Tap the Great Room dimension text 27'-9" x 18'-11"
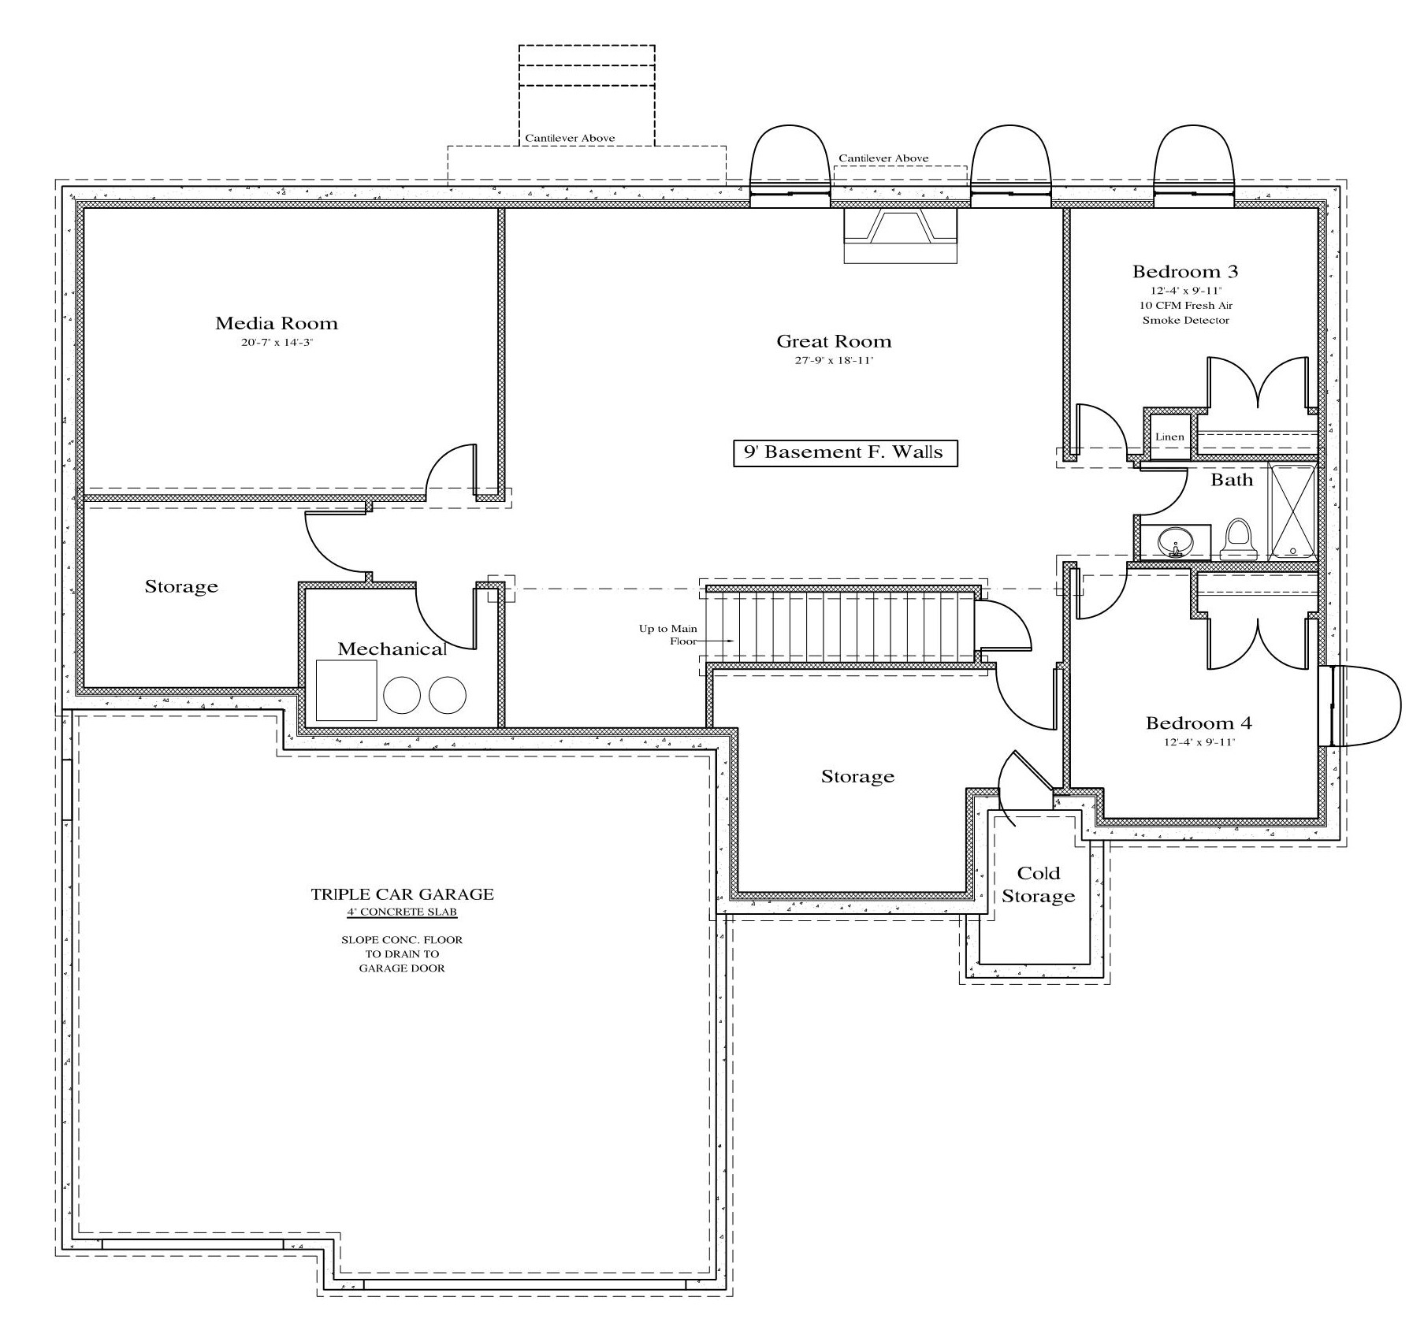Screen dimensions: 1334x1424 coord(834,361)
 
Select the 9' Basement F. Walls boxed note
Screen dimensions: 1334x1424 coord(845,453)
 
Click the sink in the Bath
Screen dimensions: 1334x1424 coord(1175,542)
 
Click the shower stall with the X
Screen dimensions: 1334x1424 coord(1292,511)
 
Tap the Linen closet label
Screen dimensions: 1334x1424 coord(1169,437)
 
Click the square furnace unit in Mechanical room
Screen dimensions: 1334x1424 coord(346,690)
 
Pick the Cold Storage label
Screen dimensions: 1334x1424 coord(1038,884)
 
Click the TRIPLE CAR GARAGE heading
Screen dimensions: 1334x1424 coord(402,894)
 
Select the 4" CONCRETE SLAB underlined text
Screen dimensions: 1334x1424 coord(402,912)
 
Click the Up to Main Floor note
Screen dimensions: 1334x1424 coord(668,635)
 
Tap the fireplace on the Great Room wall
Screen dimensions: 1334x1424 coord(900,235)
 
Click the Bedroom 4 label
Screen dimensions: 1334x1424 coord(1198,723)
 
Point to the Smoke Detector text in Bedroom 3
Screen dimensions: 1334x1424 coord(1185,321)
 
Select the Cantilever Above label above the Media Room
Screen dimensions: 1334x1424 coord(570,139)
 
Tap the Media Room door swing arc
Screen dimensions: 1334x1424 coord(449,469)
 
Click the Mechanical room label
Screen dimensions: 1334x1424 coord(392,649)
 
